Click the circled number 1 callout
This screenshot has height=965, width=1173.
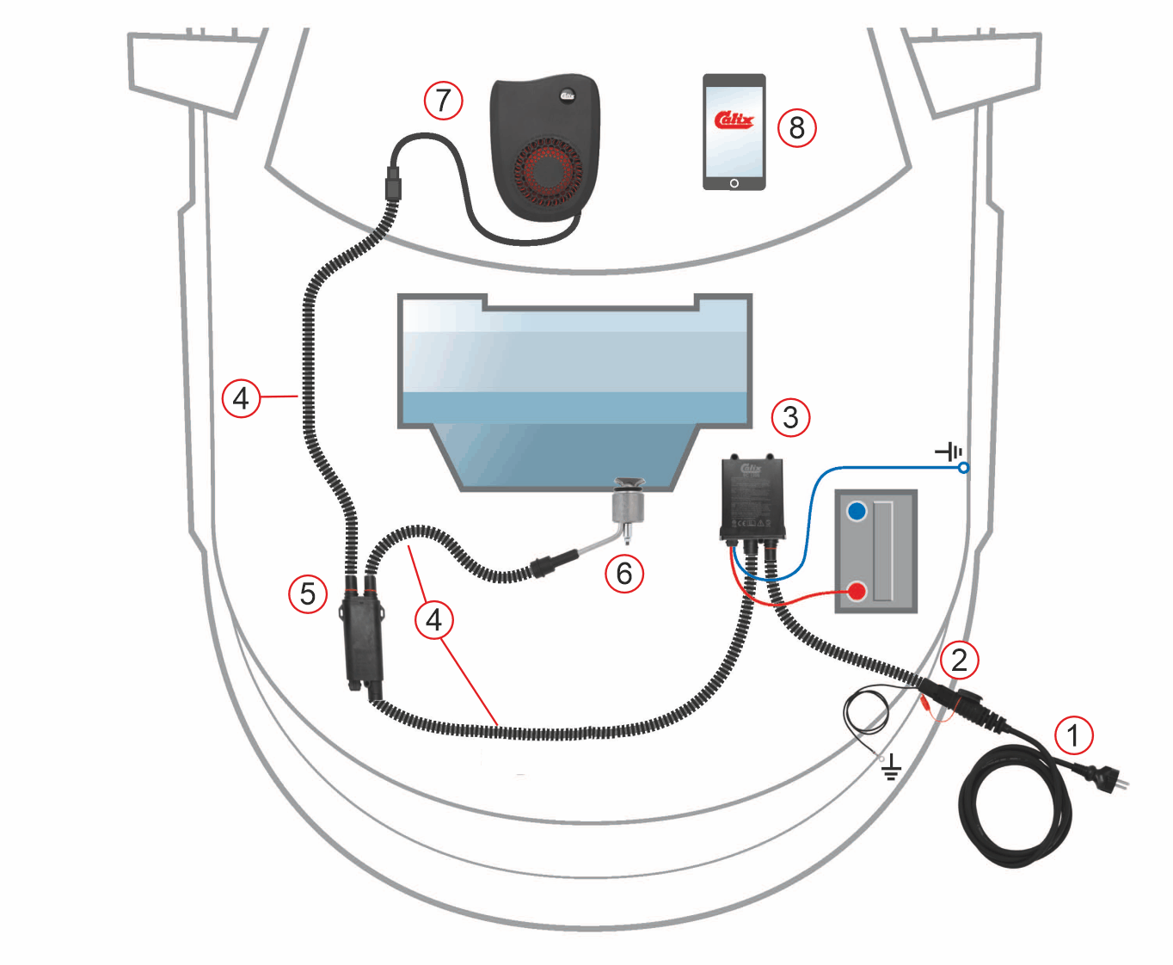(1073, 736)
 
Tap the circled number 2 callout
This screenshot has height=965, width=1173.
(960, 660)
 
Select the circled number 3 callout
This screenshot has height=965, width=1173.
(790, 418)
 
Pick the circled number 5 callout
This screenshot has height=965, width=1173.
(308, 594)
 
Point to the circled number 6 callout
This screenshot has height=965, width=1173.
(624, 574)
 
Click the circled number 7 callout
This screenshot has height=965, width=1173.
(443, 101)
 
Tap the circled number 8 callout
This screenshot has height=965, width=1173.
(796, 128)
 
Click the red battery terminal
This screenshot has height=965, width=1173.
(857, 592)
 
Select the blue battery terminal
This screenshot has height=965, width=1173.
(857, 512)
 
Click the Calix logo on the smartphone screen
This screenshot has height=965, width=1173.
(734, 120)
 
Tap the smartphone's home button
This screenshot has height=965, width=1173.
(734, 183)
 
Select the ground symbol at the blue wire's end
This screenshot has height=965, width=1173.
(949, 452)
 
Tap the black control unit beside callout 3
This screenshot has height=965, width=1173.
(752, 499)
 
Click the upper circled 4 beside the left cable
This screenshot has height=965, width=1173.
(241, 398)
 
